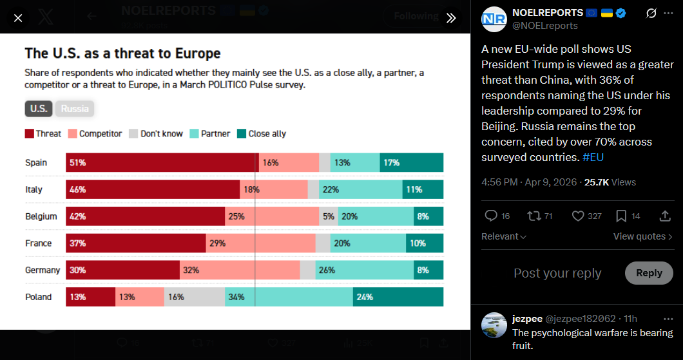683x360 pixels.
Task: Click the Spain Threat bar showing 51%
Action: click(x=161, y=163)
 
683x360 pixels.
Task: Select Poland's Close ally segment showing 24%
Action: click(x=398, y=297)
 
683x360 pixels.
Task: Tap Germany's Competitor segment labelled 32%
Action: click(x=240, y=270)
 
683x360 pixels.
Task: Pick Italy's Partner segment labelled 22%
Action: click(x=360, y=190)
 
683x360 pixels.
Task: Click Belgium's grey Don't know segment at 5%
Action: click(x=329, y=217)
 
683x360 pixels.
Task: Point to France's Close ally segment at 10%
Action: click(x=425, y=243)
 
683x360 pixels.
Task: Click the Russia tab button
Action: click(x=75, y=108)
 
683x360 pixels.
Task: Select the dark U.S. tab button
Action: click(x=39, y=108)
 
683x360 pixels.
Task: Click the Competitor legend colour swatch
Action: click(x=72, y=134)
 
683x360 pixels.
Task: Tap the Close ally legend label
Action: click(x=267, y=134)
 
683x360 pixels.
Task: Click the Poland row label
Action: click(x=39, y=297)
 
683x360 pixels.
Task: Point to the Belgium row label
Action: click(x=41, y=217)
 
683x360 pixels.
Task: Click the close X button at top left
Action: click(x=18, y=18)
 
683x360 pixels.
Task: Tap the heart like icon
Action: click(x=578, y=216)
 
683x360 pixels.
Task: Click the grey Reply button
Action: click(x=648, y=273)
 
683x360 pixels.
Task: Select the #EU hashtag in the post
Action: click(x=593, y=157)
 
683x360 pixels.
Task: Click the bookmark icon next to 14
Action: click(x=620, y=216)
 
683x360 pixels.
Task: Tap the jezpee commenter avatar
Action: click(x=494, y=325)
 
